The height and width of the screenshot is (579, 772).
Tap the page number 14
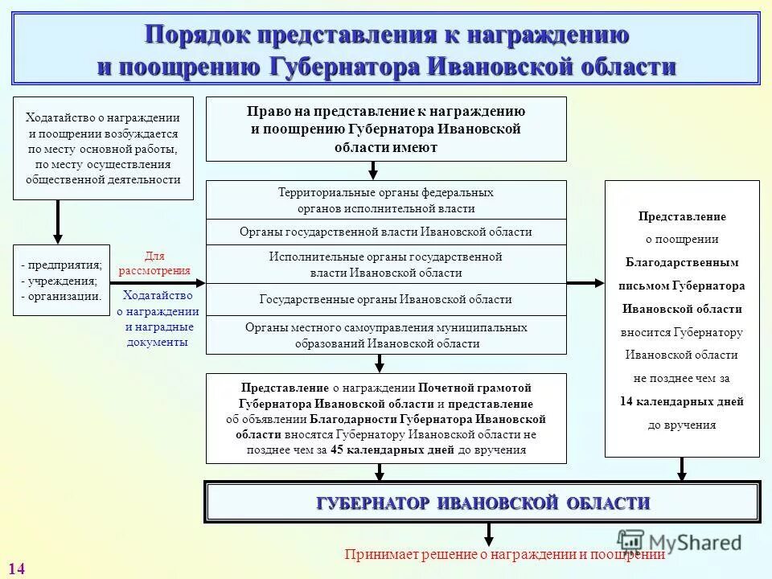[x=17, y=569]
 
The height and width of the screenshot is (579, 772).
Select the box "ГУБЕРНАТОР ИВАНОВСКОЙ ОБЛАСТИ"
[x=482, y=503]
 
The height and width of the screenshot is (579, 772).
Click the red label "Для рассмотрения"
[x=154, y=263]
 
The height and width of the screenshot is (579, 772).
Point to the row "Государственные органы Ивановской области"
[x=386, y=299]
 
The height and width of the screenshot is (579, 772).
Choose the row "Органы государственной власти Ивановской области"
[x=386, y=232]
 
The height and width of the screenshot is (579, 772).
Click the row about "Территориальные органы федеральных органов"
[x=386, y=200]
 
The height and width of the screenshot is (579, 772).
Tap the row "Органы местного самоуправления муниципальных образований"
[x=386, y=335]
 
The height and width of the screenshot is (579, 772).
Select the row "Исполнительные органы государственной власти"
[x=386, y=265]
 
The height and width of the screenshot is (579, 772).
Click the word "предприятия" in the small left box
[x=64, y=265]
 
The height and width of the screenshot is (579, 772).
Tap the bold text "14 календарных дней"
[x=682, y=401]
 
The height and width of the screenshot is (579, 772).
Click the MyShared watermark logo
[x=680, y=541]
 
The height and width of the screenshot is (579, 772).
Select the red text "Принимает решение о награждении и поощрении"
[x=504, y=554]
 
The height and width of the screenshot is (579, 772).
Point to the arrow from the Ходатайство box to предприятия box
[x=58, y=221]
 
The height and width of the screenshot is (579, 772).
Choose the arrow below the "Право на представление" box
[x=373, y=170]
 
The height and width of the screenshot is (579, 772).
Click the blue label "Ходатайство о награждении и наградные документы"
[x=158, y=318]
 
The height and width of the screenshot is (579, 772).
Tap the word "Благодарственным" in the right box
[x=682, y=262]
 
